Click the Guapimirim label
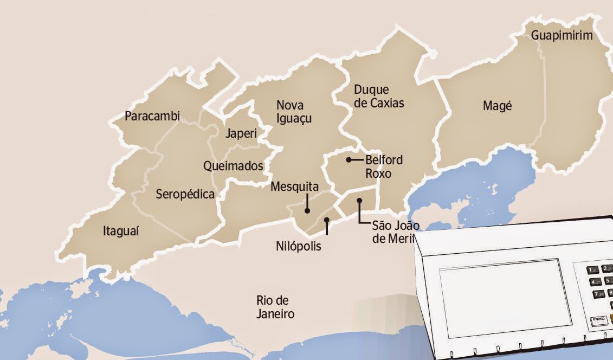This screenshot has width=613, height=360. point(562,36)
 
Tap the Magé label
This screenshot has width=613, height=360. point(497,106)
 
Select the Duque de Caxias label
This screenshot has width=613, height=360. point(379,96)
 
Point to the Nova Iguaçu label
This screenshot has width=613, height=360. point(294,111)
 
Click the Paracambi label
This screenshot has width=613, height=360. point(152,116)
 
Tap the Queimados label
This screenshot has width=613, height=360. point(233,166)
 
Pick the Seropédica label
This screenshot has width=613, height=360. point(185,194)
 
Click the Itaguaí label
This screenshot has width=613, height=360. point(121,232)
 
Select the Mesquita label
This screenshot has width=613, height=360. point(294,187)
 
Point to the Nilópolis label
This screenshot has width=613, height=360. point(298,246)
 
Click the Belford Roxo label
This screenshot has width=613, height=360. point(384,166)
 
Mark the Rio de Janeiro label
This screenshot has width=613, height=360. point(276,307)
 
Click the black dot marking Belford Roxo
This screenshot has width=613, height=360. point(349,160)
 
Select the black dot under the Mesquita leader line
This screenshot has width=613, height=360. point(307,211)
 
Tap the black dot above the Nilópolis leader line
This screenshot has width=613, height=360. point(326,220)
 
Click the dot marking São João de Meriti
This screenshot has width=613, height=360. point(359,201)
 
